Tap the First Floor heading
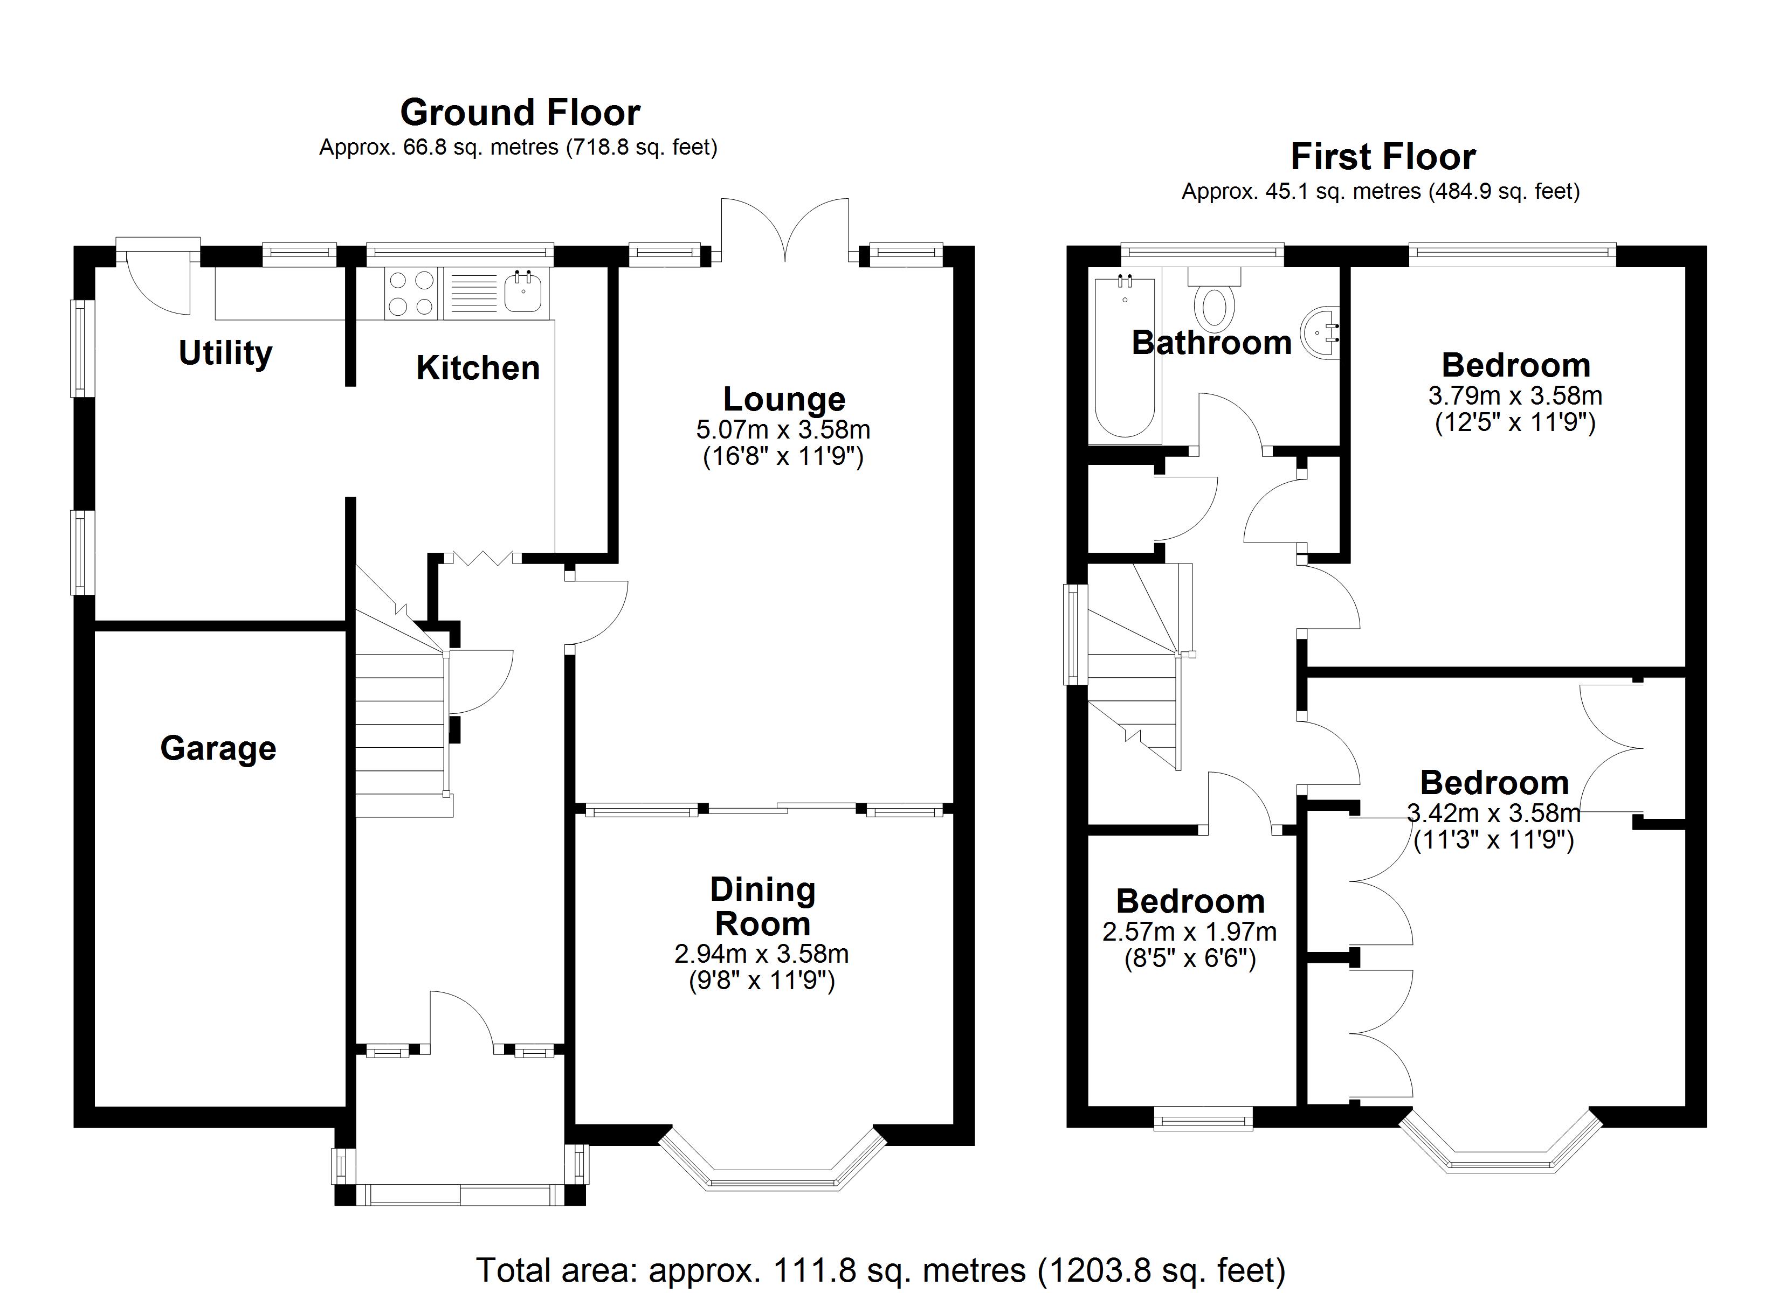[x=1383, y=157]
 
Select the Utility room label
[x=225, y=353]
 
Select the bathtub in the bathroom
[x=1125, y=357]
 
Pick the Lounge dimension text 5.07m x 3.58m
[x=783, y=430]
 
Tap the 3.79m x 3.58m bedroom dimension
[x=1515, y=395]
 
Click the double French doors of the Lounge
[x=785, y=231]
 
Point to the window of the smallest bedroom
[x=1203, y=1119]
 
